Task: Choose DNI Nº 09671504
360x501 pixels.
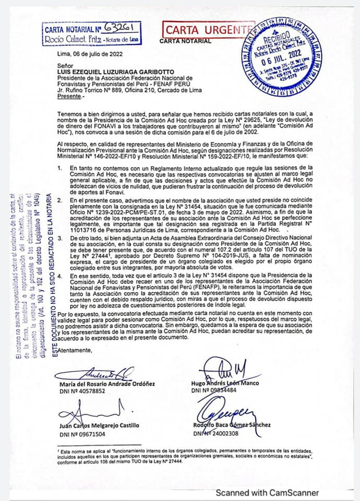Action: [82, 434]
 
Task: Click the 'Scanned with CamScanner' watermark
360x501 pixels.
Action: [267, 492]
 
